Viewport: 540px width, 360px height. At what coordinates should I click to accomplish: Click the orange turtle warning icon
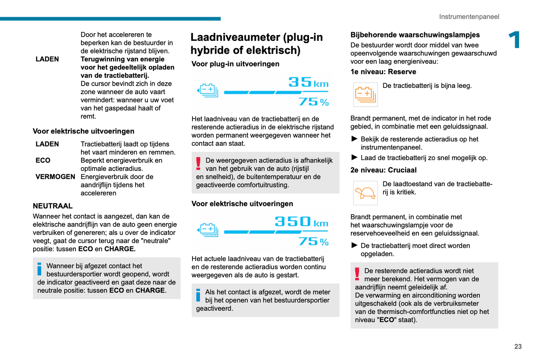(x=365, y=193)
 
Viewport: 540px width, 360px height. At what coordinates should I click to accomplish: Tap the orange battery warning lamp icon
(x=365, y=94)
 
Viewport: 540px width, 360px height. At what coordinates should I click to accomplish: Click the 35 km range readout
(x=308, y=82)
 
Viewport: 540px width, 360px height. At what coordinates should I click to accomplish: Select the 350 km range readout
(x=301, y=222)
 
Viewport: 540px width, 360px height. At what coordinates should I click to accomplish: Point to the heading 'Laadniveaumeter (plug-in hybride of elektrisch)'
(x=256, y=44)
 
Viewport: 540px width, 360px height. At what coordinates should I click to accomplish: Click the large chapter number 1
(x=515, y=40)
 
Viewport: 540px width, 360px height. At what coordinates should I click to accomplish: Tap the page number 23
(x=518, y=347)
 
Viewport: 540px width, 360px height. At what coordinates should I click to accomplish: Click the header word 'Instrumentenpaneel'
(x=469, y=17)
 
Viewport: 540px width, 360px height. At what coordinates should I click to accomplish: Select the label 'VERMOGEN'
(x=55, y=177)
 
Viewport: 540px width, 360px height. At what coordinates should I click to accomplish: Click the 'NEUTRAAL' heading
(x=53, y=206)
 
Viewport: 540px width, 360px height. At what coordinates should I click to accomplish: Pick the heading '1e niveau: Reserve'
(x=383, y=72)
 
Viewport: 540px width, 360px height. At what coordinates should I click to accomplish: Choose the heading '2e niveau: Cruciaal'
(x=383, y=170)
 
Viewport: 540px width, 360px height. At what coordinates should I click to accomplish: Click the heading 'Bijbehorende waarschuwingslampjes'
(x=415, y=35)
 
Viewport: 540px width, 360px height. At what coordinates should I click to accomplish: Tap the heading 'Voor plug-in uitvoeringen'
(x=235, y=64)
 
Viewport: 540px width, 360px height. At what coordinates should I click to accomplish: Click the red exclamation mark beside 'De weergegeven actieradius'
(x=198, y=164)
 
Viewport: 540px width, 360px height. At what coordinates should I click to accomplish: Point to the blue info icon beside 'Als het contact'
(x=198, y=295)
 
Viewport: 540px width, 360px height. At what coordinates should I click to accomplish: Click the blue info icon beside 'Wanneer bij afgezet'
(x=39, y=269)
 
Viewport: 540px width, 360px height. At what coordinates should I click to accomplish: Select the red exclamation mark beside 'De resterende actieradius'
(x=357, y=274)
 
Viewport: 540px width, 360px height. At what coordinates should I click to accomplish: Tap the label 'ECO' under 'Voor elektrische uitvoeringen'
(x=43, y=160)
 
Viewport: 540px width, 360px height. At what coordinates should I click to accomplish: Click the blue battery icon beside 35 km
(x=208, y=90)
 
